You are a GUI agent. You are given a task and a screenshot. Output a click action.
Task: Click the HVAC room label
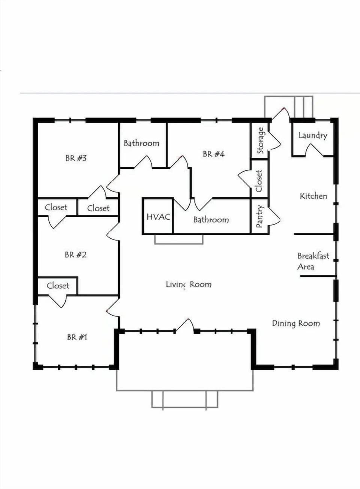click(158, 217)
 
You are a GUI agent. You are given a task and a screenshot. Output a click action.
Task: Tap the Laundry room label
click(312, 135)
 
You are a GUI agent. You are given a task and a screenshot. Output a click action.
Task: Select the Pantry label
click(259, 217)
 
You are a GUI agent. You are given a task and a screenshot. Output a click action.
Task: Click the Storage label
click(260, 141)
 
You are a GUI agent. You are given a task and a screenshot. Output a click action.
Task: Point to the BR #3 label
click(76, 158)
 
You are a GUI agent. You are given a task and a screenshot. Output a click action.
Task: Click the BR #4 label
click(213, 154)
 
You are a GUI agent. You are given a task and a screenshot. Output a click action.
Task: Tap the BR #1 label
click(77, 337)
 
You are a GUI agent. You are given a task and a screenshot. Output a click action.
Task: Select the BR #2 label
click(75, 255)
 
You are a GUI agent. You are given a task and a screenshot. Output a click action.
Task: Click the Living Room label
click(189, 284)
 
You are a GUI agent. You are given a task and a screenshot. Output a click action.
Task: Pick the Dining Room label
click(296, 323)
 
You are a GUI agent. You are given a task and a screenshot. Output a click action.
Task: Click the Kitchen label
click(313, 196)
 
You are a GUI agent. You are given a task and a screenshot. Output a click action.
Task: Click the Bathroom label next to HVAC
click(211, 220)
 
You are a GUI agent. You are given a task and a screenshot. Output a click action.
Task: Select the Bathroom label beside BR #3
click(141, 143)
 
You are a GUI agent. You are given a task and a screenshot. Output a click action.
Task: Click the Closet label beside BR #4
click(259, 181)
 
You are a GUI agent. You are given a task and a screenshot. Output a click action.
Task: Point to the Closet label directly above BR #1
click(58, 286)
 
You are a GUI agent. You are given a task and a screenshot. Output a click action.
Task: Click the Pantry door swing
click(274, 217)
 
